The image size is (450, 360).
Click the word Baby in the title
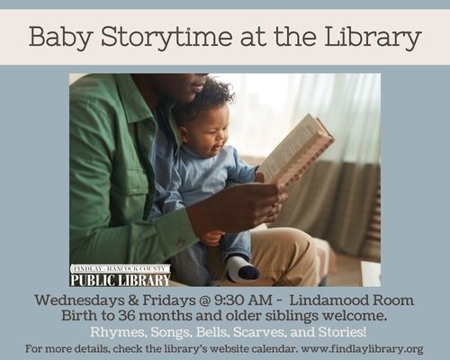coord(61,37)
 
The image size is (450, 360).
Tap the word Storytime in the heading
coord(166,37)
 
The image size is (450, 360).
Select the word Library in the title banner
coord(373,37)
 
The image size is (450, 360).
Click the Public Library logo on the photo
coord(121,275)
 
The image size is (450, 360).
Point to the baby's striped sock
coord(242,268)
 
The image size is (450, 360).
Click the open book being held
coord(297,150)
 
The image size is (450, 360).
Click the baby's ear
coord(184,133)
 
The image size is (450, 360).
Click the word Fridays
coord(168,301)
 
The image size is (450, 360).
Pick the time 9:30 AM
coord(243,301)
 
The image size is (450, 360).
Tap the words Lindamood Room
coord(352,301)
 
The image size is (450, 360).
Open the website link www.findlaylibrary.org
coord(362,349)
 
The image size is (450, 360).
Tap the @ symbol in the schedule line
coord(204,301)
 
